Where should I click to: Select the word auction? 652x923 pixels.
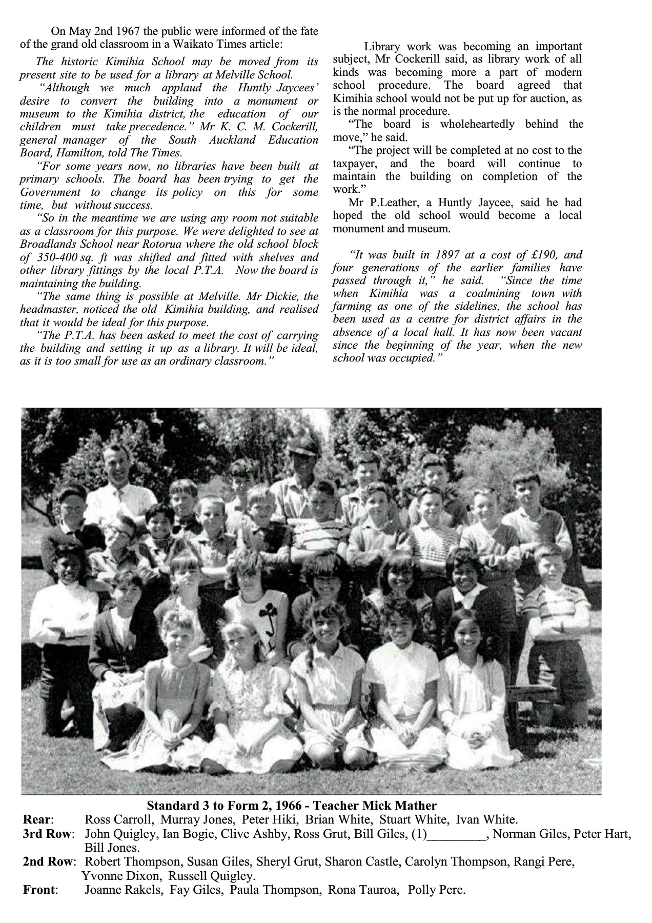(x=554, y=98)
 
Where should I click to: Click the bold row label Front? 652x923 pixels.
(x=39, y=890)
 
